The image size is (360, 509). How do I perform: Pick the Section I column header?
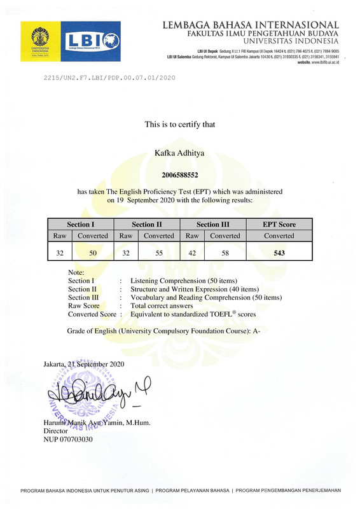81,224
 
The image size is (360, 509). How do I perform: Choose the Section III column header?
212,224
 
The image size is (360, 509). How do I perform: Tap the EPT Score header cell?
279,224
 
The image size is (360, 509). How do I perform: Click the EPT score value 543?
279,252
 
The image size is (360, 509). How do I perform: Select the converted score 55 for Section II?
158,252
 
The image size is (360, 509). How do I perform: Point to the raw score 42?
191,252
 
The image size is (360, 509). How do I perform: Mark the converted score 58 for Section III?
225,252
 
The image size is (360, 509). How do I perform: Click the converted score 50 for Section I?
93,252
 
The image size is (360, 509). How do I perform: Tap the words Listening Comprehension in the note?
169,281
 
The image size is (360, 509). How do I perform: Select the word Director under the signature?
56,431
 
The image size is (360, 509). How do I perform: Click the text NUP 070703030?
68,439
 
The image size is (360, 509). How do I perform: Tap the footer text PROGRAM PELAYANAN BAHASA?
192,490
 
